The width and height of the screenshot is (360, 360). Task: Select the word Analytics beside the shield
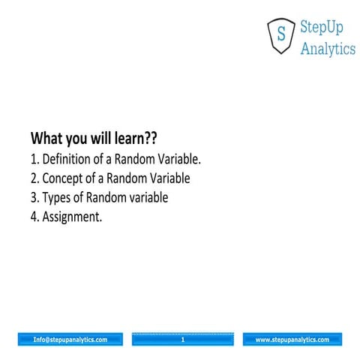pyautogui.click(x=328, y=49)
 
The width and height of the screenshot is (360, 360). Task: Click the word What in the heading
pyautogui.click(x=48, y=139)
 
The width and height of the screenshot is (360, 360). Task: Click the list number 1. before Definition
pyautogui.click(x=34, y=159)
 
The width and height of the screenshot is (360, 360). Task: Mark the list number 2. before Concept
pyautogui.click(x=34, y=178)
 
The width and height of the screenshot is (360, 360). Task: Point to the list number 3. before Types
pyautogui.click(x=34, y=198)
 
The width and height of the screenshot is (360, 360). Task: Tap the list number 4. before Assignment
pyautogui.click(x=34, y=217)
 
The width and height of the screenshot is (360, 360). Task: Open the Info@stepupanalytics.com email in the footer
pyautogui.click(x=70, y=340)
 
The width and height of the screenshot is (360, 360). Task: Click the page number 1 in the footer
pyautogui.click(x=182, y=340)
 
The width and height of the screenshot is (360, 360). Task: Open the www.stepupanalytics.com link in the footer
pyautogui.click(x=292, y=340)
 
